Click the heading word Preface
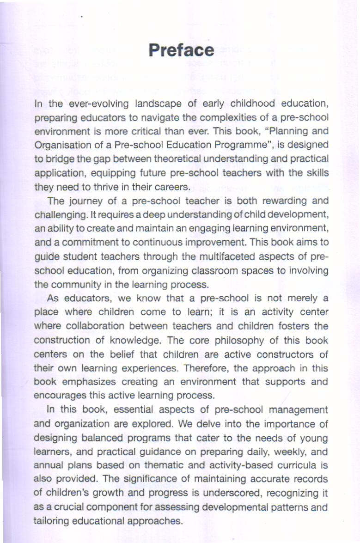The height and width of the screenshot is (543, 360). click(182, 50)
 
